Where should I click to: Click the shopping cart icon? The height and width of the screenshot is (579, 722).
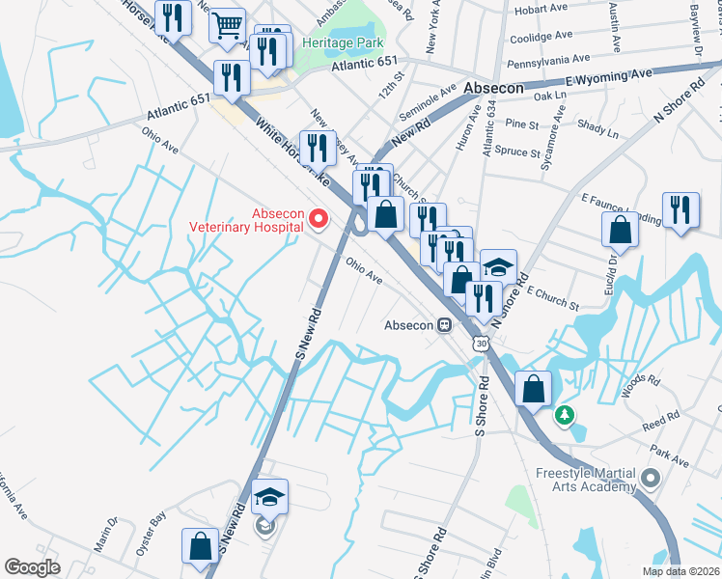pos(227,27)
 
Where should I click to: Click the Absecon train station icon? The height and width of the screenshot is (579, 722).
pos(445,324)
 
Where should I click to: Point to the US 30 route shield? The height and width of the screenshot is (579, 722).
pos(480,344)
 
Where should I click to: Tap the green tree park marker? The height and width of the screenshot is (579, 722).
pos(563,417)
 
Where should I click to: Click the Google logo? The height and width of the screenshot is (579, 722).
pos(32,566)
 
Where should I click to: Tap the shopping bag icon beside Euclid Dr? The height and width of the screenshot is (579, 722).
pos(620,231)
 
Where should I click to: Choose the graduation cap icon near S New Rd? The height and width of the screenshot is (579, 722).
pos(269,497)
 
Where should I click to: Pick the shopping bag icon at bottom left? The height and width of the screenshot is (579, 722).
pos(200,545)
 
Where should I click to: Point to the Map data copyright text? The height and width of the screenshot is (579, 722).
pos(681,571)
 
